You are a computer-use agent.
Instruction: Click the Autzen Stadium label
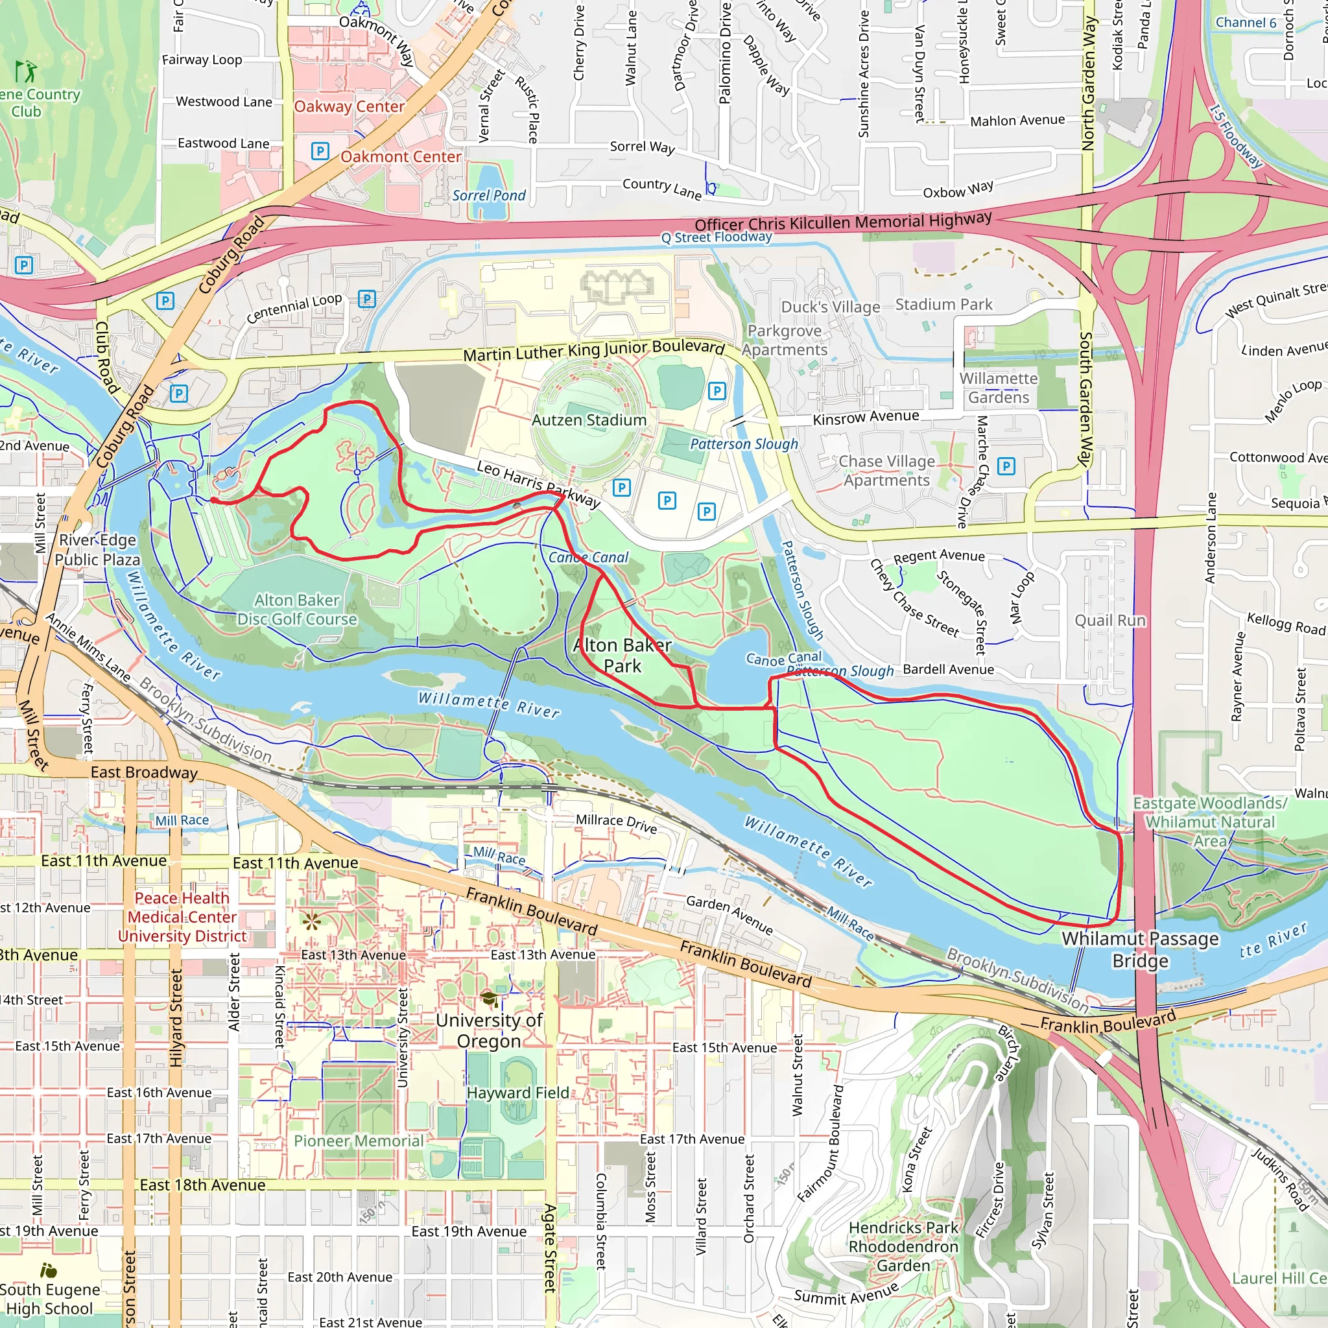point(589,420)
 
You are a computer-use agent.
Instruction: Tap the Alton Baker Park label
point(622,656)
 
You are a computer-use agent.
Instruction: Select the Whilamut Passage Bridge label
point(1141,949)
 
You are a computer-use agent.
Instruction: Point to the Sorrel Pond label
point(489,196)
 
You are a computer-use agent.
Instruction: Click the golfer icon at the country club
point(26,71)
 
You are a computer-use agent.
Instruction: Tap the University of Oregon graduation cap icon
point(489,999)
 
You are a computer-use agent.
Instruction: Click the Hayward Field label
point(517,1093)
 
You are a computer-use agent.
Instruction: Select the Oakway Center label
point(350,106)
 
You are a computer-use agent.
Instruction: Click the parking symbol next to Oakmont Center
point(320,151)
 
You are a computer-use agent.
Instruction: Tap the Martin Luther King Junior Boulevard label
point(594,351)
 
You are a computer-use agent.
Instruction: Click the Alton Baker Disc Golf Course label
point(297,610)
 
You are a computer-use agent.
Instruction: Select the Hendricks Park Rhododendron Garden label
point(903,1246)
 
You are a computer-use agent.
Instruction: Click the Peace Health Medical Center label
point(182,917)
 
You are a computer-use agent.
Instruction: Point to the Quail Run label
point(1110,621)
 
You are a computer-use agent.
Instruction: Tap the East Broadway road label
point(144,772)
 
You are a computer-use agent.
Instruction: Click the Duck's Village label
point(831,307)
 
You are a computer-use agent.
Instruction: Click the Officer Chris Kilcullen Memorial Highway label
point(843,222)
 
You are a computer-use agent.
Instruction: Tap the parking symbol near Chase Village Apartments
point(1006,467)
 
